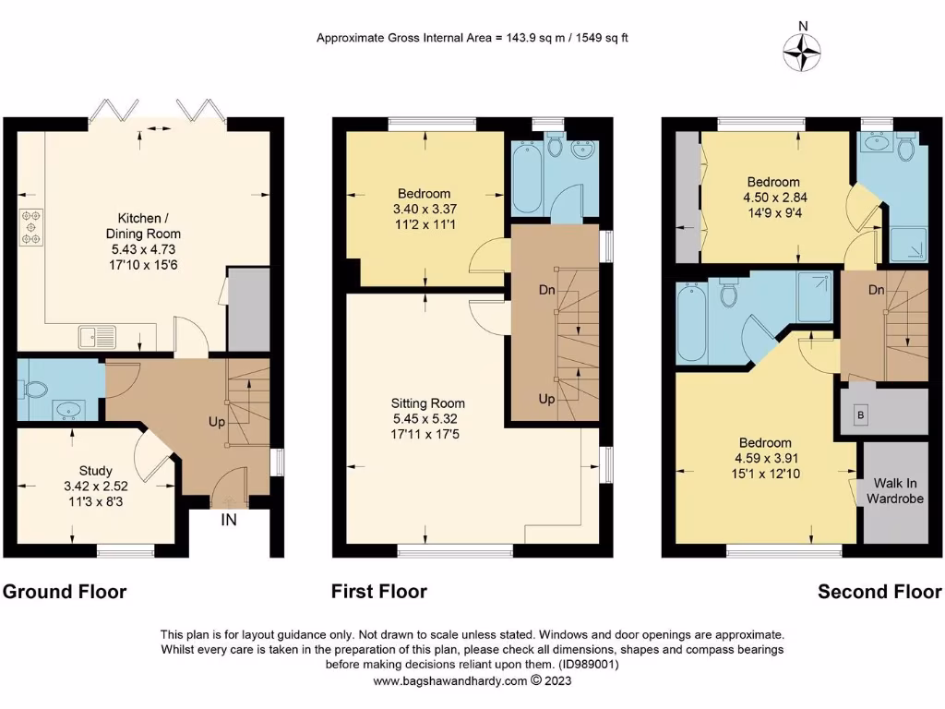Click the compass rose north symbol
[x=803, y=52]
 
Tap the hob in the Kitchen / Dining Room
[x=31, y=226]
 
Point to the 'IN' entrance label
[x=228, y=520]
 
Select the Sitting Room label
[x=428, y=403]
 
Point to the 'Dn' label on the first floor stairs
[x=546, y=289]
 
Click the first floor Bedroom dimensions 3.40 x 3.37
[x=424, y=209]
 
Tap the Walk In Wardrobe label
[x=895, y=491]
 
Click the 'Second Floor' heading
[x=879, y=592]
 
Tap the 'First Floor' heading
[x=379, y=592]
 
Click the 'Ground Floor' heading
[x=65, y=592]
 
